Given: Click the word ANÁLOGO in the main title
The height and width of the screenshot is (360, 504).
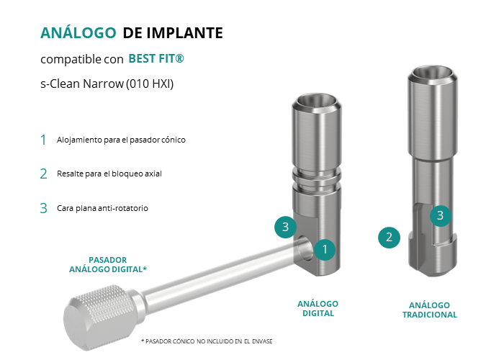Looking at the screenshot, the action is [x=78, y=33].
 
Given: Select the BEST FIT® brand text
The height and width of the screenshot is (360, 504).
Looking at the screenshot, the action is [x=156, y=59].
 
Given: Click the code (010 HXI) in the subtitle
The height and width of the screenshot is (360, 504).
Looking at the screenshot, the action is [x=150, y=84].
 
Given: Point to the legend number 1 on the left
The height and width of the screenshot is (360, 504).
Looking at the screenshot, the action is [x=43, y=140].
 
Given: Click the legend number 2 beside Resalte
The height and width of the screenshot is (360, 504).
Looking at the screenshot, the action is [x=43, y=174].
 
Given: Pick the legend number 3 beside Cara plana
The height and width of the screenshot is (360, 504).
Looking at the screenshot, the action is [x=43, y=208].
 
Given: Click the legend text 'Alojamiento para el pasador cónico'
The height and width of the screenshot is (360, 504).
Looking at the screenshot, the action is [x=121, y=140].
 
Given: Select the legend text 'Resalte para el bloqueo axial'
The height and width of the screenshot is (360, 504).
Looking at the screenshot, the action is [x=109, y=174].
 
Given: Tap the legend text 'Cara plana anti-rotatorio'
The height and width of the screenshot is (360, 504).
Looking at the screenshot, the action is [x=102, y=208].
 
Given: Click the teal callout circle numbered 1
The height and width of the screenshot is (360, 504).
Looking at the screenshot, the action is [x=325, y=249].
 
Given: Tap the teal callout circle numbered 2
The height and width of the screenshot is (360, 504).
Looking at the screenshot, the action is [x=389, y=238].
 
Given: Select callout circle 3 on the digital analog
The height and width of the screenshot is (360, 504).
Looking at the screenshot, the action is [x=285, y=227].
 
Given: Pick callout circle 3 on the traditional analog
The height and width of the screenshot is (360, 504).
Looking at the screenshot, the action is [x=441, y=215].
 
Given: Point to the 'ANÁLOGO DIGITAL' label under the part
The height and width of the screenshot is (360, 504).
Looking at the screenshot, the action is [x=318, y=309].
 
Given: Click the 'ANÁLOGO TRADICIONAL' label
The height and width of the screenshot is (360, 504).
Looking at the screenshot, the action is [x=430, y=310].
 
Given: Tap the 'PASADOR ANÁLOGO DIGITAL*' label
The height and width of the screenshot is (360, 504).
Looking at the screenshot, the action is [x=108, y=264].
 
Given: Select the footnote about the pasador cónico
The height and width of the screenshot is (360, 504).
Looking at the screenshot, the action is [x=207, y=341].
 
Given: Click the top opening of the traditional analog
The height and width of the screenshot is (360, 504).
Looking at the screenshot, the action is [x=433, y=73].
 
